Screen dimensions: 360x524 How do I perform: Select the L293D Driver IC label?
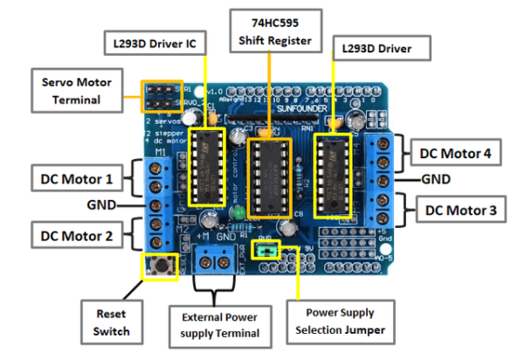[x=154, y=43]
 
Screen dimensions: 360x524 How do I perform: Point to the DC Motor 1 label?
[x=76, y=179]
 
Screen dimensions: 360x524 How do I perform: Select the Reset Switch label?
[x=113, y=322]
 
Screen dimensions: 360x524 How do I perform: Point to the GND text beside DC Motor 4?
[x=435, y=179]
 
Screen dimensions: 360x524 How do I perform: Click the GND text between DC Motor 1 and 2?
[x=100, y=206]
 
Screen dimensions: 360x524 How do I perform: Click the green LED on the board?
[x=237, y=213]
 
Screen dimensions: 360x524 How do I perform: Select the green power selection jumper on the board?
[x=266, y=252]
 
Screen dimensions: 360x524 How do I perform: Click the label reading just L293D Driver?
[x=390, y=48]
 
